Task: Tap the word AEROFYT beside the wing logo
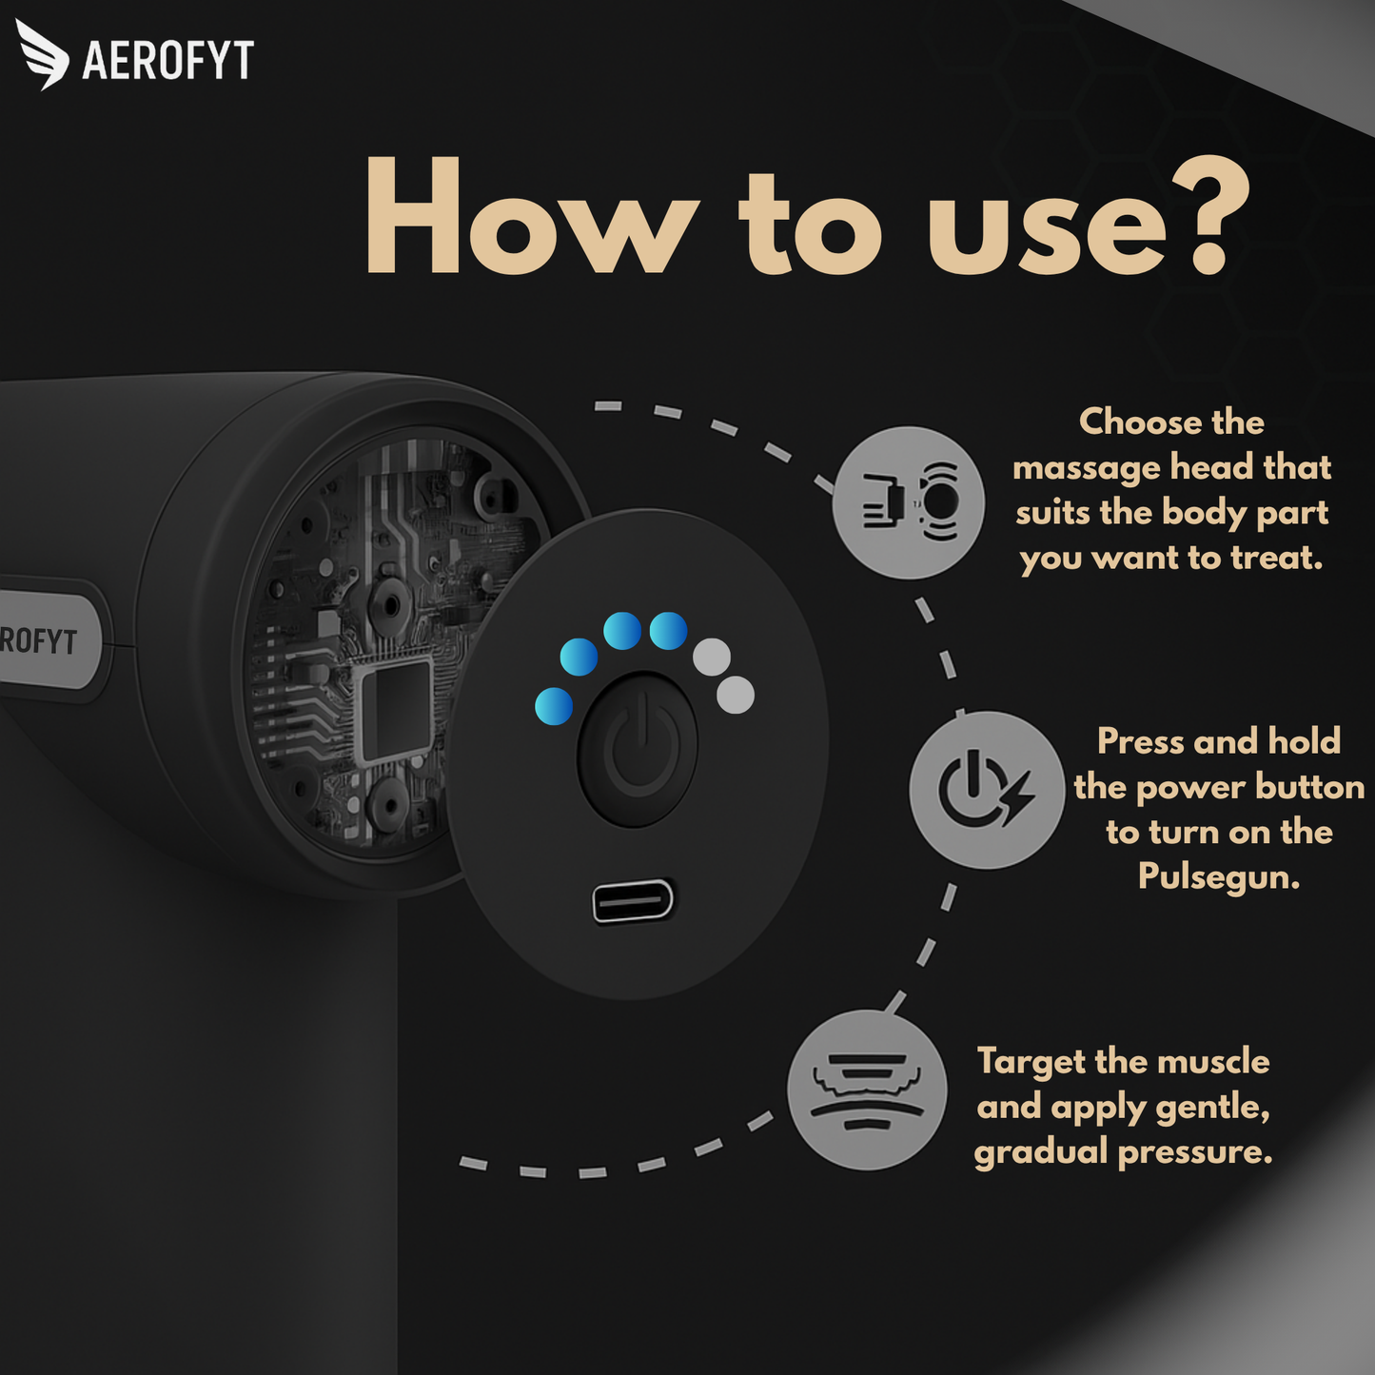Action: [x=168, y=60]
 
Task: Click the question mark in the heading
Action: [x=1211, y=215]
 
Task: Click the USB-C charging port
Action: [x=633, y=900]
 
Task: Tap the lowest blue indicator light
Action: [x=554, y=706]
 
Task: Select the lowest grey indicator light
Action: [x=735, y=695]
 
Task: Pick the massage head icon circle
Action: [x=909, y=503]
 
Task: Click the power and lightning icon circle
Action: [x=987, y=790]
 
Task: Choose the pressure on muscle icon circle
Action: [x=867, y=1090]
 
